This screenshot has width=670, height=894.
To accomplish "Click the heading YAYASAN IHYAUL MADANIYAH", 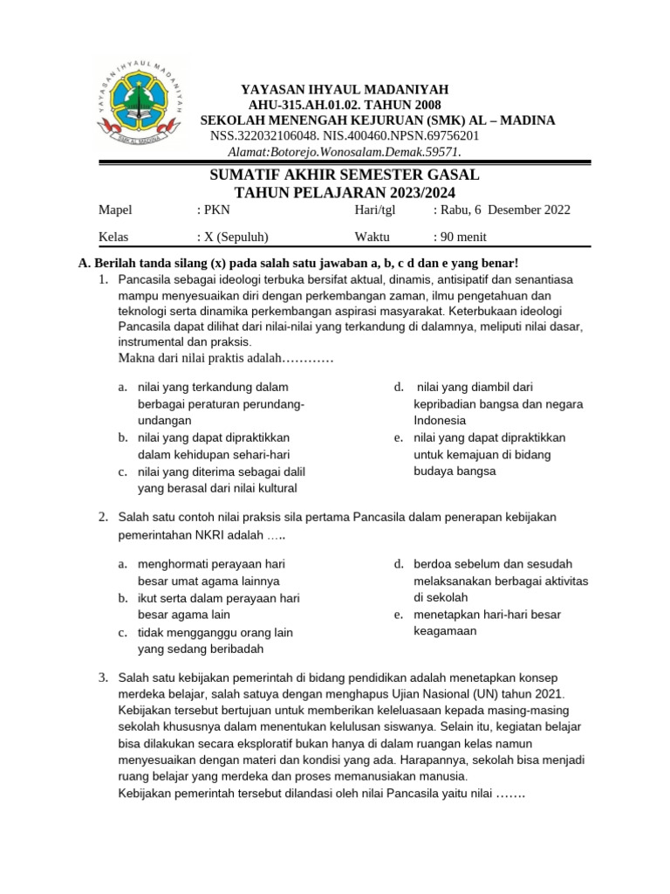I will click(x=344, y=89).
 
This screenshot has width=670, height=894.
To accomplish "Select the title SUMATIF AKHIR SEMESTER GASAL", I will click(x=345, y=175).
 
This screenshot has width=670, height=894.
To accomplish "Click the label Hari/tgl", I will click(x=375, y=210).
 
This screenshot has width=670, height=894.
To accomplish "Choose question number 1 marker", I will click(x=102, y=279).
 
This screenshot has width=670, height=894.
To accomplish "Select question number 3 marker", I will click(x=102, y=678).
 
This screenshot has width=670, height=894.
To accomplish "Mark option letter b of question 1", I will click(x=123, y=437).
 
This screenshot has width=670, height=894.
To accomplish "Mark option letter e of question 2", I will click(x=398, y=615).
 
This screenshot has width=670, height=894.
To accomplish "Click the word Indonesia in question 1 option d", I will click(x=440, y=421).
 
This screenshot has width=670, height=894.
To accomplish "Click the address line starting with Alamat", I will click(x=345, y=151).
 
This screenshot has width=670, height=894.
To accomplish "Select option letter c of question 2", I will click(x=123, y=632).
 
